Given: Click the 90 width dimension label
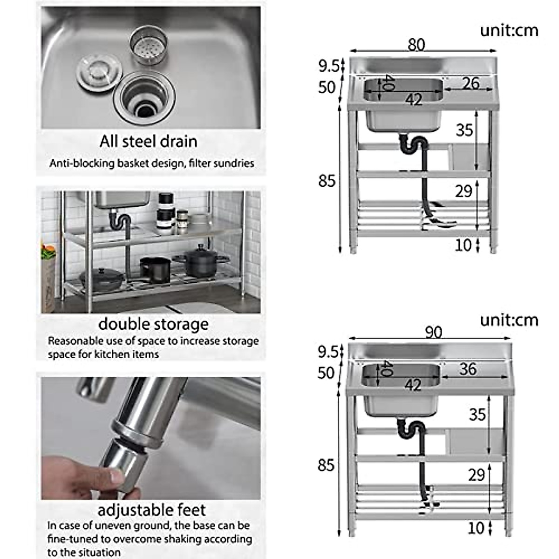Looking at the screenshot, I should (433, 332).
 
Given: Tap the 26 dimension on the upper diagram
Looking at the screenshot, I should (470, 83).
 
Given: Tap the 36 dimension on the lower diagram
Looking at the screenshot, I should (468, 369).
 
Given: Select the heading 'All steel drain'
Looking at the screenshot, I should (148, 141).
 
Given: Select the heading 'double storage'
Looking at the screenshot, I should (153, 324).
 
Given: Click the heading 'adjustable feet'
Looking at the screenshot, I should (151, 510).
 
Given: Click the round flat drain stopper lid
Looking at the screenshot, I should (99, 73).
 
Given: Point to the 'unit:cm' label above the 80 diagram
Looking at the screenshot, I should (509, 30).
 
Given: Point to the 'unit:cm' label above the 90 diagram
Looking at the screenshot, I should (509, 320).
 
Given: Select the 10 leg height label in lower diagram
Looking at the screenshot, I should (476, 528).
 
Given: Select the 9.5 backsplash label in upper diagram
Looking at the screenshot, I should (328, 66).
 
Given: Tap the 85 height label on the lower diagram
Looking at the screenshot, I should (326, 465).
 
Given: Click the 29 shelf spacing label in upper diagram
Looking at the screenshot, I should (464, 191).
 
